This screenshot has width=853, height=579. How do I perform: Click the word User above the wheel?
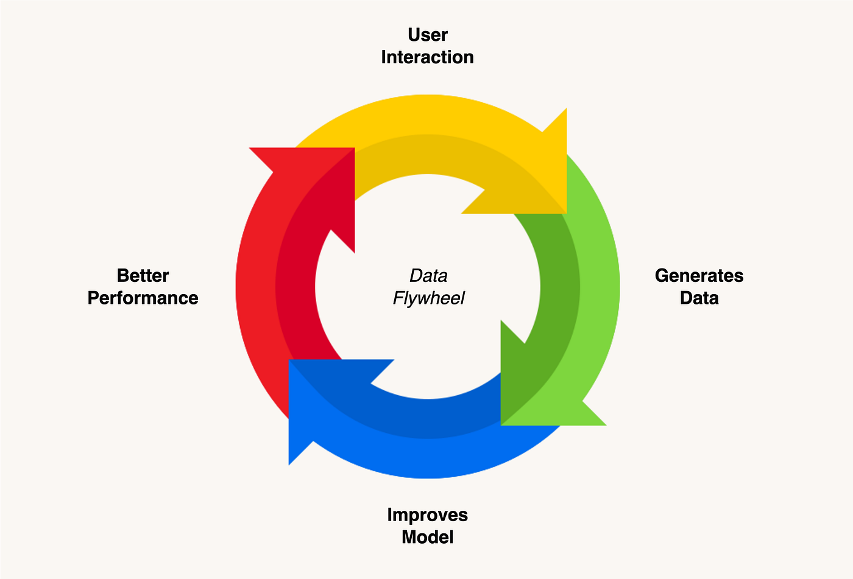pyautogui.click(x=428, y=35)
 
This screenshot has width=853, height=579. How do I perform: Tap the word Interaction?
pyautogui.click(x=428, y=57)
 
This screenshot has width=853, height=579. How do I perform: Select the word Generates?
pyautogui.click(x=699, y=275)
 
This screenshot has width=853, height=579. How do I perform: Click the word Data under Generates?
pyautogui.click(x=699, y=298)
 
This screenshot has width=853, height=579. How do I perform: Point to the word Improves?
pyautogui.click(x=428, y=516)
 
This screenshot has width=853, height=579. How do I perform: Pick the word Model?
pyautogui.click(x=428, y=537)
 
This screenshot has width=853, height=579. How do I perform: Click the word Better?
pyautogui.click(x=143, y=275)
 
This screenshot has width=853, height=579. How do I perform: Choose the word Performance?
pyautogui.click(x=143, y=298)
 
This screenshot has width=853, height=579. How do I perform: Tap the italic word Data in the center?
pyautogui.click(x=428, y=275)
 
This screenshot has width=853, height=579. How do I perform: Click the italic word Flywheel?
pyautogui.click(x=428, y=298)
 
